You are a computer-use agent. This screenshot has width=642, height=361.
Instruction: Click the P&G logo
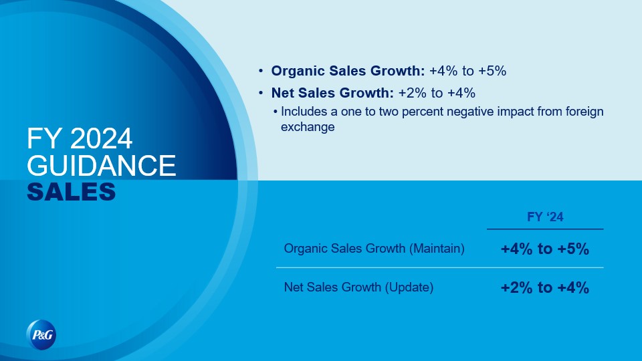pos(41,335)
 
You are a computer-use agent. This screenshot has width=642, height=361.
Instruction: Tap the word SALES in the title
pos(72,192)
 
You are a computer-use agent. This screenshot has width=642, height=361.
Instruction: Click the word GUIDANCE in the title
pos(101,165)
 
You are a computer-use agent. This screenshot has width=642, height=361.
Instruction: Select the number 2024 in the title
pos(101,138)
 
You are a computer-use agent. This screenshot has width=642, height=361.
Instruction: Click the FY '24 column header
pos(545,217)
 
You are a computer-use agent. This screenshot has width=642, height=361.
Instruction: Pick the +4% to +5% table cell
pos(545,249)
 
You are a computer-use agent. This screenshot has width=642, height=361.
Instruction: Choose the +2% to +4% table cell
pos(545,287)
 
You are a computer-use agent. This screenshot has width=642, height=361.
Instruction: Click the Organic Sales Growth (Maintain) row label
pos(374,249)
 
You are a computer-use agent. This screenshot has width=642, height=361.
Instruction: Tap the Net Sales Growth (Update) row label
pos(358,287)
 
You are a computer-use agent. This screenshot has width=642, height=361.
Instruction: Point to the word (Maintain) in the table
pos(437,249)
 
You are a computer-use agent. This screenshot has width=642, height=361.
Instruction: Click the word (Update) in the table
pos(409,287)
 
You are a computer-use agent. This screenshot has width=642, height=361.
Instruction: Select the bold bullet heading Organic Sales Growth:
pos(348,71)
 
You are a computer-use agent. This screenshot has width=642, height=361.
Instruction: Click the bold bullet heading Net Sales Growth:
pos(332,93)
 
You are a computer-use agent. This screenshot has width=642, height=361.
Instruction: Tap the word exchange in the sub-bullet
pos(308,127)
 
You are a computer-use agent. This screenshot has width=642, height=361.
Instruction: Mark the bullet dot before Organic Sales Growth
pos(261,71)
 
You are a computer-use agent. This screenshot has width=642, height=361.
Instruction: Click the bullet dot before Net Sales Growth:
pos(261,93)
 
